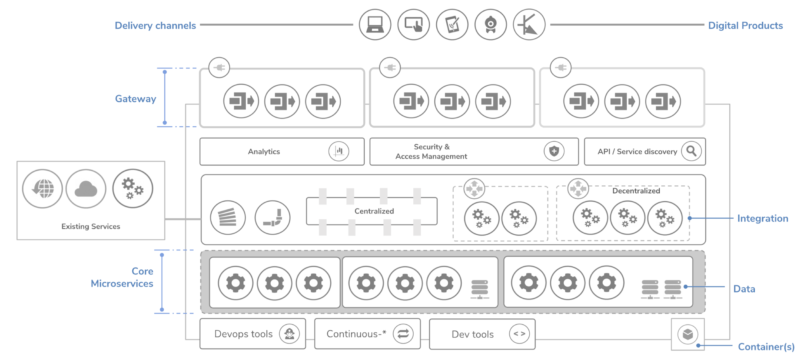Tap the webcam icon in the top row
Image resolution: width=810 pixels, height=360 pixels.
pyautogui.click(x=490, y=25)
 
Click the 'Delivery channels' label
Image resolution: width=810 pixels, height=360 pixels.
pyautogui.click(x=155, y=25)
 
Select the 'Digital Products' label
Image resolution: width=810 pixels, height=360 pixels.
pyautogui.click(x=745, y=25)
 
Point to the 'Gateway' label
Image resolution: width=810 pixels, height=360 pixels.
pyautogui.click(x=135, y=99)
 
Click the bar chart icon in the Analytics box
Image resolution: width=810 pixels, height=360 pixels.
pyautogui.click(x=339, y=151)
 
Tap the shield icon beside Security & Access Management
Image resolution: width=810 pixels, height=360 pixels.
pyautogui.click(x=554, y=151)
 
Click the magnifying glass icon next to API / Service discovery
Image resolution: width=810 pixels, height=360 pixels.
pyautogui.click(x=691, y=151)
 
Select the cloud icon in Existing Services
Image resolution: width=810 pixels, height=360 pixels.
pyautogui.click(x=86, y=189)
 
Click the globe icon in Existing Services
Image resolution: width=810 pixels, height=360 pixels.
pyautogui.click(x=42, y=189)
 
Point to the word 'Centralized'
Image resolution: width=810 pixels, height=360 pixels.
pyautogui.click(x=374, y=211)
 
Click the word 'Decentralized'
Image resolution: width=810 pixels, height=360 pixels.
pyautogui.click(x=636, y=191)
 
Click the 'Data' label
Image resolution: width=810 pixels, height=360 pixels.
pyautogui.click(x=744, y=289)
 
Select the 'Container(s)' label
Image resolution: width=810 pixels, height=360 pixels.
pyautogui.click(x=766, y=347)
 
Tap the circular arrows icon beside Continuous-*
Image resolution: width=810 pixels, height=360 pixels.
pyautogui.click(x=403, y=334)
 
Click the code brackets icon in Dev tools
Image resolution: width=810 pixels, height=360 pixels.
pyautogui.click(x=519, y=334)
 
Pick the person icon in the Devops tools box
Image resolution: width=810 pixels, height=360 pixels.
pyautogui.click(x=289, y=334)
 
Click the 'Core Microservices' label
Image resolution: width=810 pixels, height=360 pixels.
pyautogui.click(x=122, y=277)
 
